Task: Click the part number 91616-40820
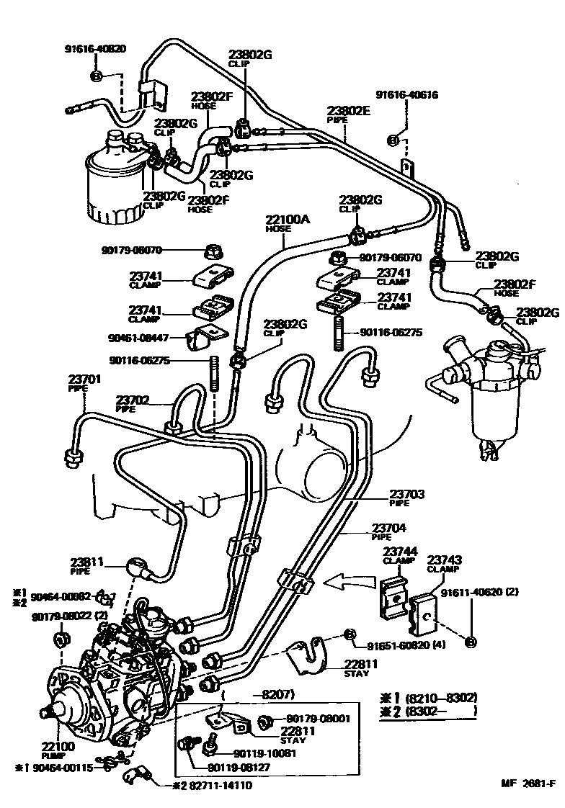pos(95,50)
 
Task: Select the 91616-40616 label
pos(406,94)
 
